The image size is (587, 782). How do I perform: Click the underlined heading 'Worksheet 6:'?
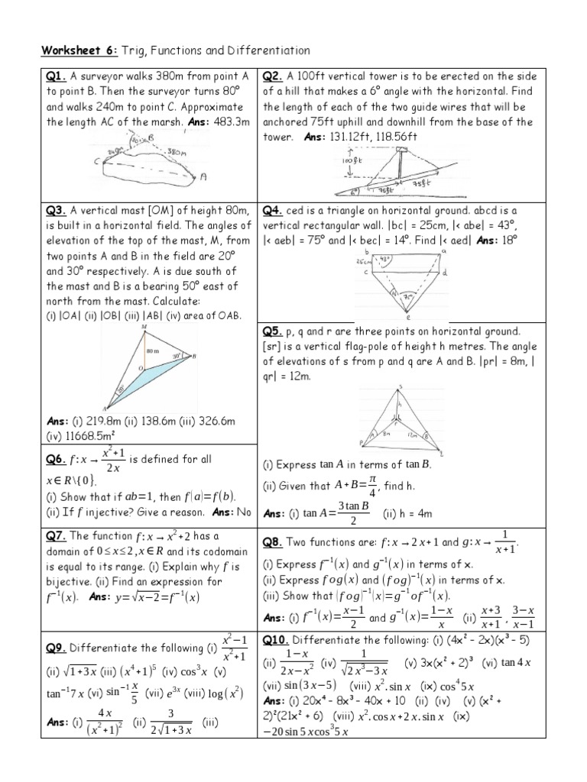pyautogui.click(x=76, y=50)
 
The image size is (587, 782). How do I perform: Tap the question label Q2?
pyautogui.click(x=274, y=76)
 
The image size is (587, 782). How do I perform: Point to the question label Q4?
pyautogui.click(x=274, y=211)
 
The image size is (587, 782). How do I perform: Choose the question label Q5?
pyautogui.click(x=274, y=331)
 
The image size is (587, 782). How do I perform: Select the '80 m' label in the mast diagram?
pyautogui.click(x=154, y=351)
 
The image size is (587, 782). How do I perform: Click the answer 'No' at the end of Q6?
pyautogui.click(x=242, y=512)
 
